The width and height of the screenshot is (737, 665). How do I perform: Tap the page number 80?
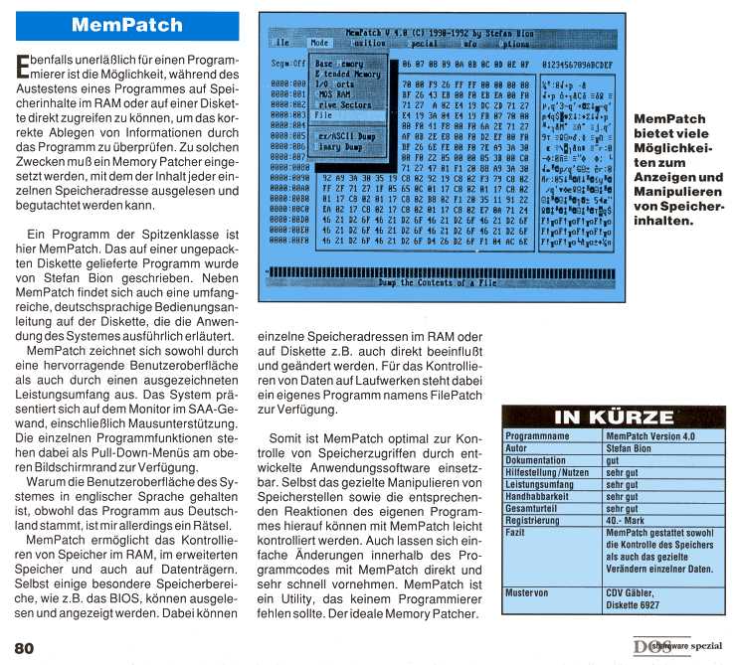click(x=24, y=647)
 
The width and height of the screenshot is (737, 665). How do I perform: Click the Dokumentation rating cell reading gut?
click(x=612, y=459)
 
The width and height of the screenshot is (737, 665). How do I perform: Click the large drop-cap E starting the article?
click(x=23, y=68)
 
